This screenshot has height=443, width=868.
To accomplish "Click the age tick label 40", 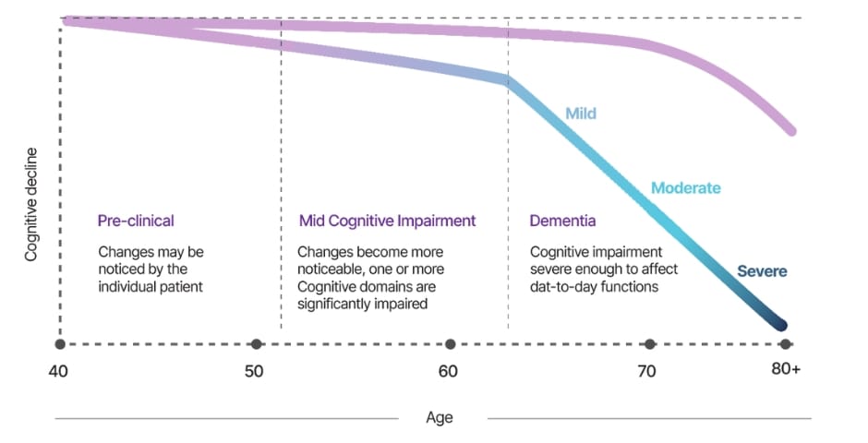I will pyautogui.click(x=59, y=372).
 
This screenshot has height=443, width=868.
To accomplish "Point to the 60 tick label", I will pyautogui.click(x=448, y=372).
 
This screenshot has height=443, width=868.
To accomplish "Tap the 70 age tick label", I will pyautogui.click(x=647, y=372).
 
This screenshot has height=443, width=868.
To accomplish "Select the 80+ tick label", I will pyautogui.click(x=785, y=372).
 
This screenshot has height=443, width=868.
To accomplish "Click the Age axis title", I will pyautogui.click(x=440, y=417).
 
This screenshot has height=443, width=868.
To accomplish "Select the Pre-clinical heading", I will pyautogui.click(x=136, y=221).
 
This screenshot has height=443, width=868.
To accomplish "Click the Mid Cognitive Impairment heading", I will pyautogui.click(x=387, y=221).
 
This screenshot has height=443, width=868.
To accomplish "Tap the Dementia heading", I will pyautogui.click(x=562, y=221).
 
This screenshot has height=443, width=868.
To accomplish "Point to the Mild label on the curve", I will pyautogui.click(x=581, y=114).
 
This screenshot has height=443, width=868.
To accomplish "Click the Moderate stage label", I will pyautogui.click(x=685, y=188).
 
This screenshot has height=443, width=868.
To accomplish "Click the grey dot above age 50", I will pyautogui.click(x=257, y=344).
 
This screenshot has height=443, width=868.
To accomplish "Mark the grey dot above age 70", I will pyautogui.click(x=650, y=344).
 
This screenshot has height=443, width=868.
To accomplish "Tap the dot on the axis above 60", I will pyautogui.click(x=451, y=344).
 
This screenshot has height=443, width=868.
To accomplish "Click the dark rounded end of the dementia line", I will pyautogui.click(x=780, y=324).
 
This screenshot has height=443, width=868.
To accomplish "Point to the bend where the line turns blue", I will pyautogui.click(x=506, y=80).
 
